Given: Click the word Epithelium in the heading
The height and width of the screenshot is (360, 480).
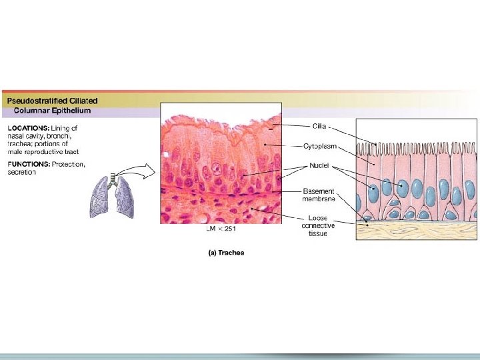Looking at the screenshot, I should [76, 110].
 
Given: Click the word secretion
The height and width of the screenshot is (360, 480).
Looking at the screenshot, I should [21, 172].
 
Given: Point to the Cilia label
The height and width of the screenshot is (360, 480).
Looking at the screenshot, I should [320, 125].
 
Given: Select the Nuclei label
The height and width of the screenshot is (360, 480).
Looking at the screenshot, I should [319, 165].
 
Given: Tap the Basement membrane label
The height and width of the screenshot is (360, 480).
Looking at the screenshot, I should [319, 195].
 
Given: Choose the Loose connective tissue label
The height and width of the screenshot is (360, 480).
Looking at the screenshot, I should [319, 225].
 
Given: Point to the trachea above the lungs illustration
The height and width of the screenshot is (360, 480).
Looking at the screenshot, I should [113, 179].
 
